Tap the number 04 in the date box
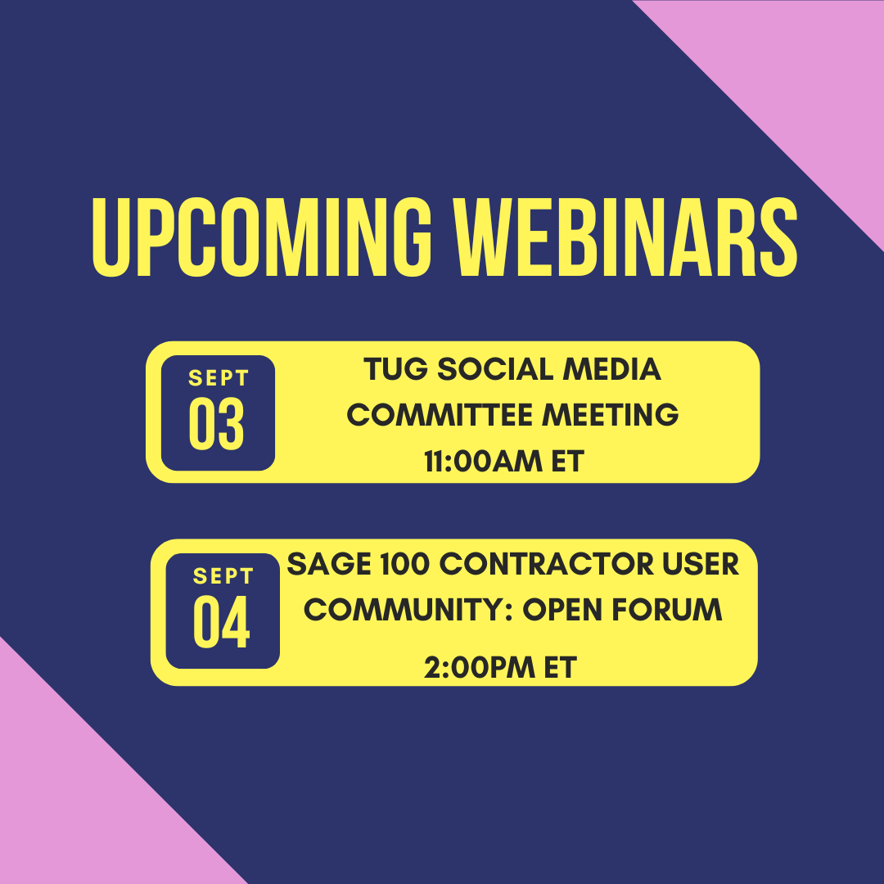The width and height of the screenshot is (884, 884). [x=222, y=624]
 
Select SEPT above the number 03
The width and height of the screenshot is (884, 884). [x=218, y=379]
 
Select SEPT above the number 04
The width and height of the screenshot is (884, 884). [x=222, y=576]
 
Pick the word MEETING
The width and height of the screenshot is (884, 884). [x=611, y=415]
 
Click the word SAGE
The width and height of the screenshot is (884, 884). [x=327, y=564]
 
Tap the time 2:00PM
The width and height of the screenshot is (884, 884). [x=471, y=668]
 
